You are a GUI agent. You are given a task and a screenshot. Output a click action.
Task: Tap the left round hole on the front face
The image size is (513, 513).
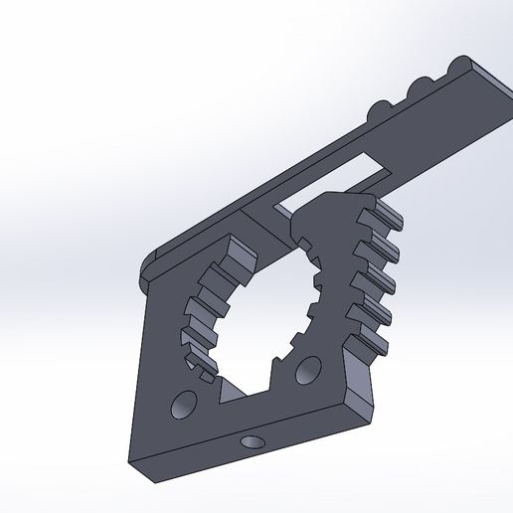click(183, 404)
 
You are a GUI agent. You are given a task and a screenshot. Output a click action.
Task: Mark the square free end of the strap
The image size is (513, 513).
click(497, 85)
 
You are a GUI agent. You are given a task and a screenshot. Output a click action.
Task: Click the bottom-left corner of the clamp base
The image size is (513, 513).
click(132, 458)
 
